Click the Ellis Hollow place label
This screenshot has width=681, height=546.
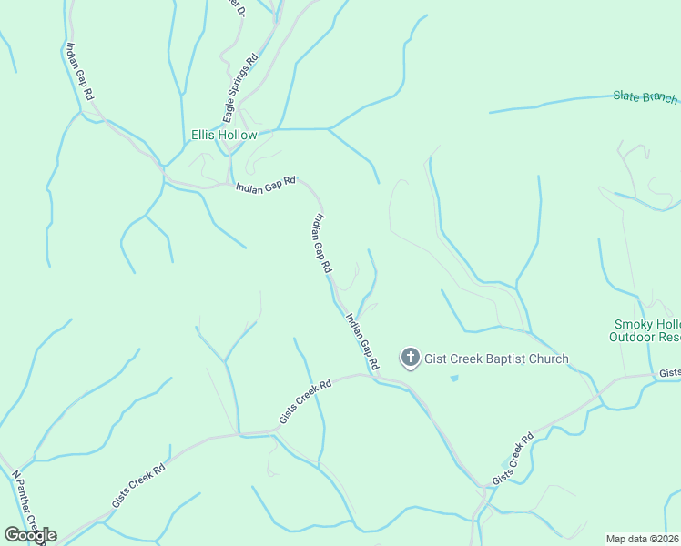click(x=224, y=135)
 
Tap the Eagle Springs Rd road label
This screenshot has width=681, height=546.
click(x=240, y=87)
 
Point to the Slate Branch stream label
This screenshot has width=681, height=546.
click(x=645, y=97)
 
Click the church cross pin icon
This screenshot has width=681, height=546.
click(x=411, y=358)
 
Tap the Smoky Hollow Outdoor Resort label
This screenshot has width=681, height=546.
click(x=645, y=330)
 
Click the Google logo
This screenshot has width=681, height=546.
click(x=30, y=535)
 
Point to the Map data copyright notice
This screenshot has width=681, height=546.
click(x=643, y=539)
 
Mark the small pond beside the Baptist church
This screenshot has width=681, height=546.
click(x=453, y=378)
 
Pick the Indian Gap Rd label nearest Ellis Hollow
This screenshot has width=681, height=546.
click(x=266, y=184)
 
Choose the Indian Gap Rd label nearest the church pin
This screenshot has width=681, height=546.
click(x=362, y=341)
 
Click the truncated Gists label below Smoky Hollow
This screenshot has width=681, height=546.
click(x=670, y=373)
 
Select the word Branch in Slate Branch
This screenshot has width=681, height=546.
click(x=660, y=98)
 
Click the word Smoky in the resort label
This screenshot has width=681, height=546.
click(x=633, y=324)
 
